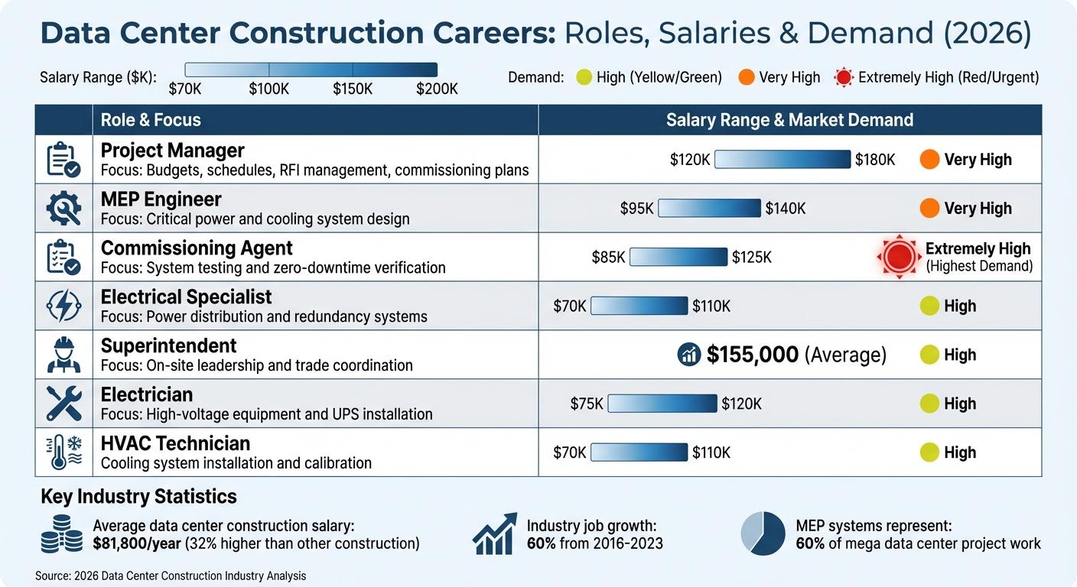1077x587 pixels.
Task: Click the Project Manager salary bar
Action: [782, 159]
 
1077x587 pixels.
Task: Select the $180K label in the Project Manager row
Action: [875, 160]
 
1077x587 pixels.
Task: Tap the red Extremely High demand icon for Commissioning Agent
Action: [897, 257]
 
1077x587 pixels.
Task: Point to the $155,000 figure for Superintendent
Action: [753, 355]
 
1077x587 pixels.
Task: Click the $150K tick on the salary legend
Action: [353, 88]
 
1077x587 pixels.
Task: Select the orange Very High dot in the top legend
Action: [747, 77]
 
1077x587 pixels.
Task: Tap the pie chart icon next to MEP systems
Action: [763, 533]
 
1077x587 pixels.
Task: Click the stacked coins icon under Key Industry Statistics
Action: [61, 533]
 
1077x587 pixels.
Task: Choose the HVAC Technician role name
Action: [175, 443]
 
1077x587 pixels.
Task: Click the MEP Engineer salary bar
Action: [709, 208]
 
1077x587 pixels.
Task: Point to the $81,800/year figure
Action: [135, 543]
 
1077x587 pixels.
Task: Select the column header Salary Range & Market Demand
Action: [789, 120]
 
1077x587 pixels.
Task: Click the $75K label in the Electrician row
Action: [587, 404]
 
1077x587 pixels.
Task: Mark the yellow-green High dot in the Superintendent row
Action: [929, 355]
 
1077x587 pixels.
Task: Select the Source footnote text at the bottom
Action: [171, 576]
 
